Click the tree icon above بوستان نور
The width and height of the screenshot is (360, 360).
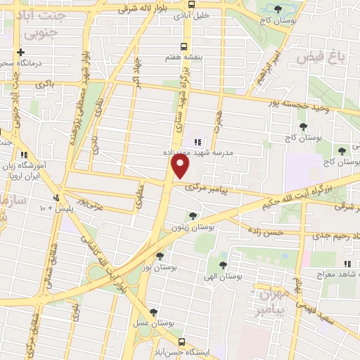[160, 257]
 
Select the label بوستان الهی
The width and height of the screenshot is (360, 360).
[223, 276]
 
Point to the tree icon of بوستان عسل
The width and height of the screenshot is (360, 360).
[153, 313]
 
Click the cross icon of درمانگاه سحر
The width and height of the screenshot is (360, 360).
[21, 52]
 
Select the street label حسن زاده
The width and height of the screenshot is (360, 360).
[268, 231]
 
